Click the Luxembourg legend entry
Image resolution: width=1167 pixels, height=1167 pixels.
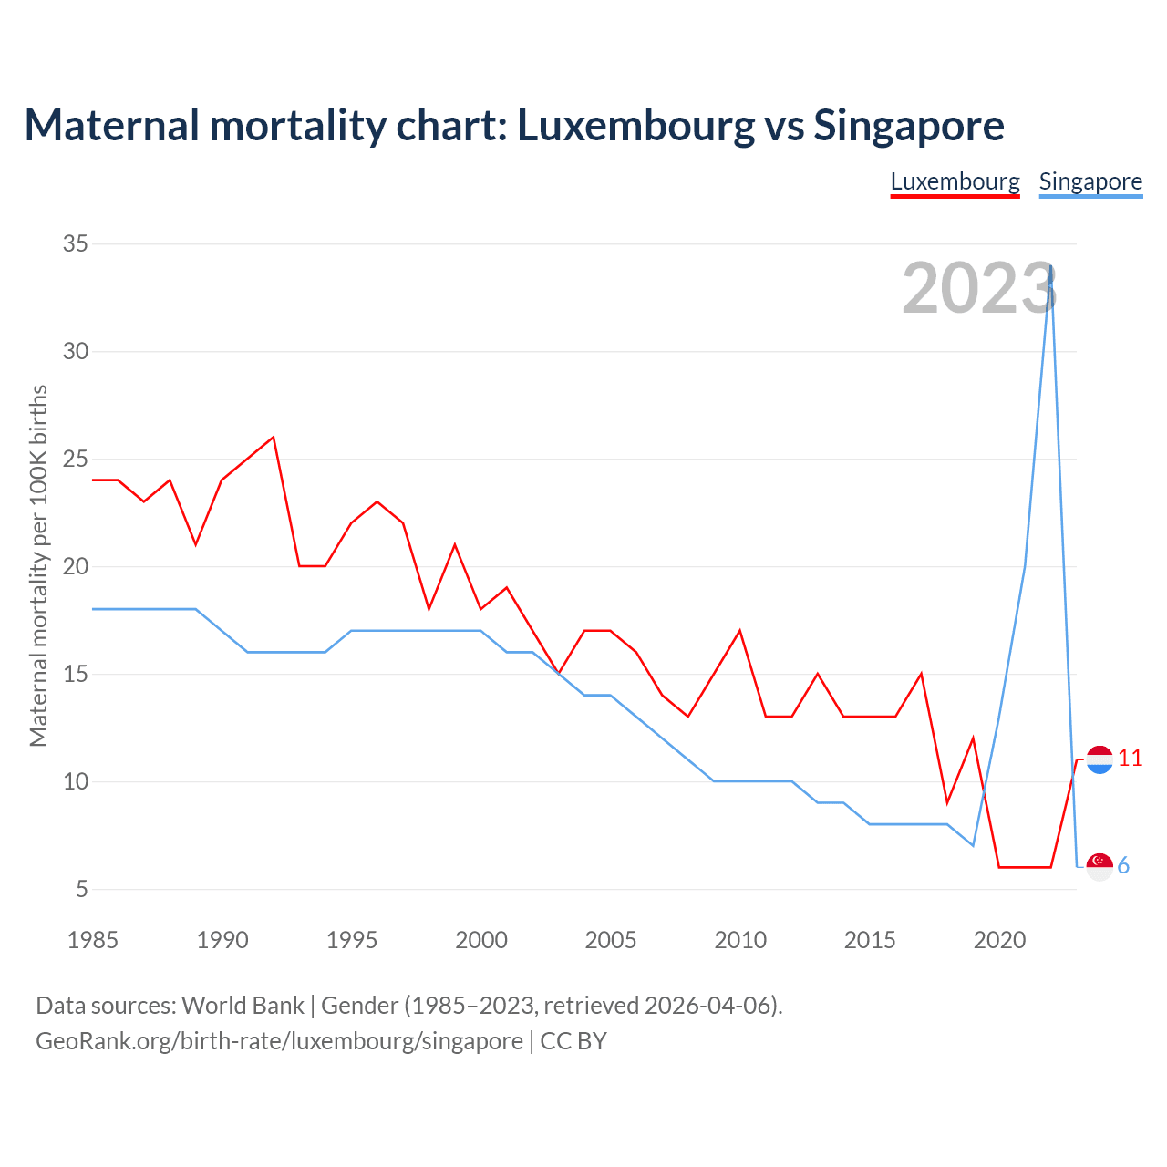[x=955, y=181]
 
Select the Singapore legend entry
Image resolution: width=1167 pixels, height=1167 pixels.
[x=1090, y=181]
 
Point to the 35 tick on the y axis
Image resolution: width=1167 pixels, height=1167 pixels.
[x=76, y=243]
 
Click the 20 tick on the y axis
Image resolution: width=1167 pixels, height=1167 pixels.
[x=76, y=566]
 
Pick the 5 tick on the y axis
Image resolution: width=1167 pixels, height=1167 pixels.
[x=82, y=889]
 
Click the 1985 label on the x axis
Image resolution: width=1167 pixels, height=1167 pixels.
[x=93, y=940]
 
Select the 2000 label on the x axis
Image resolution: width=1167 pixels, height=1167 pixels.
[x=481, y=940]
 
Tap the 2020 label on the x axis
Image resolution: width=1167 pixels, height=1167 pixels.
[x=999, y=940]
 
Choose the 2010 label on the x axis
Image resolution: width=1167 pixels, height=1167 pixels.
[x=740, y=940]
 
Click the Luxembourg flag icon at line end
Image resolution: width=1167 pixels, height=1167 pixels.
[x=1100, y=759]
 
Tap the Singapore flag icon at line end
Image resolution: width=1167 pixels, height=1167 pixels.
[x=1100, y=866]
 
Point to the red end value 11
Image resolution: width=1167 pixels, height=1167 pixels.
[x=1130, y=759]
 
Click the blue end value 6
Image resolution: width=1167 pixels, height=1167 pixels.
[x=1123, y=866]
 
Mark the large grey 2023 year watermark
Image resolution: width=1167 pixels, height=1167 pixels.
[x=979, y=288]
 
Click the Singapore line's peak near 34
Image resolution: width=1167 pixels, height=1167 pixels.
[x=1051, y=266]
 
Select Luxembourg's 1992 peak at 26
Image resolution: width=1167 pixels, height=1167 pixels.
[x=274, y=437]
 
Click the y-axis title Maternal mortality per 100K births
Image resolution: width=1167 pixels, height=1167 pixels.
[x=38, y=566]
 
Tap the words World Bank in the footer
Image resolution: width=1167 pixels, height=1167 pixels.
[x=243, y=1006]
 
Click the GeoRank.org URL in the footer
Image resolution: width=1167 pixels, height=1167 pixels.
[x=279, y=1041]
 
